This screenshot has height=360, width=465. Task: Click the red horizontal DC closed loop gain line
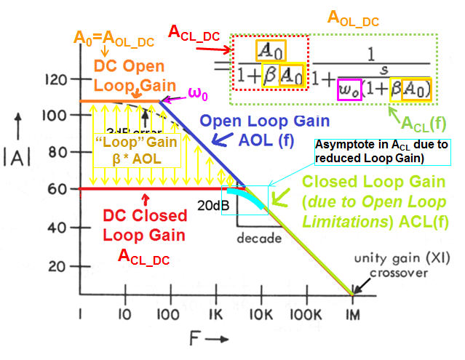(x=146, y=189)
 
